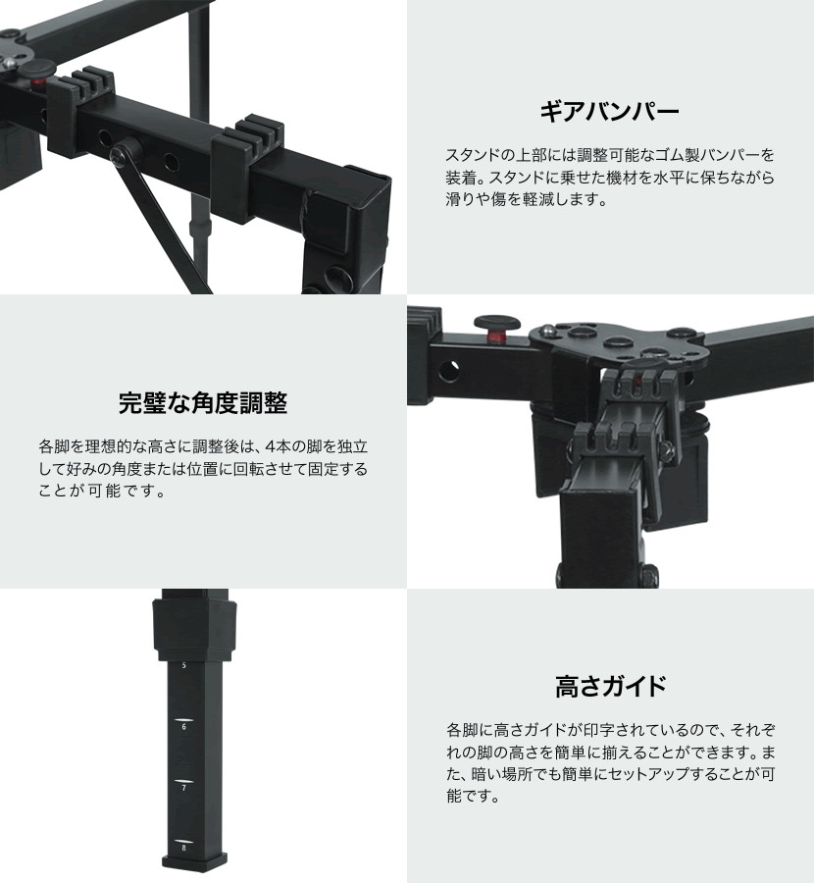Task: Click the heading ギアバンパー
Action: (610, 112)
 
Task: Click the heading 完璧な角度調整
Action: (203, 403)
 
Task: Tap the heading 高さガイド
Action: (611, 687)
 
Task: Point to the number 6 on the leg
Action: (184, 727)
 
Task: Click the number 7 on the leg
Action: (184, 788)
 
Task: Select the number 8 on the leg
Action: (184, 848)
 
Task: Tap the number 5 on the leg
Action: (184, 665)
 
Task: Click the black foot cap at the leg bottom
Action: (194, 861)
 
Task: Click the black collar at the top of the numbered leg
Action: (194, 629)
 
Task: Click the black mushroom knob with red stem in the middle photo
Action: (496, 328)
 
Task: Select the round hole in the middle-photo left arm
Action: (448, 371)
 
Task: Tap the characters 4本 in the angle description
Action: (277, 446)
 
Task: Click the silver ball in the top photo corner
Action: (9, 63)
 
